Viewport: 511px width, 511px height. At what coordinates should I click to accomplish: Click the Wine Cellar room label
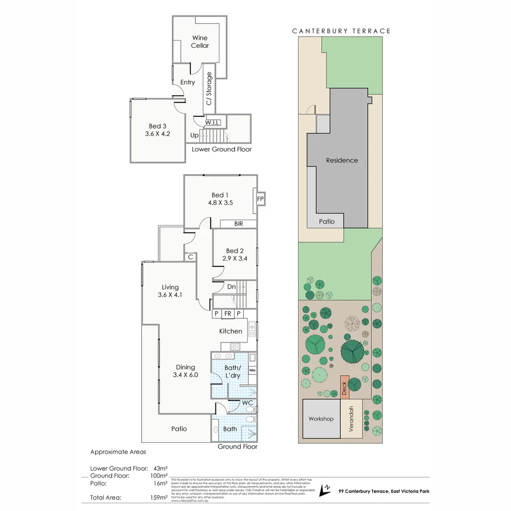(200, 42)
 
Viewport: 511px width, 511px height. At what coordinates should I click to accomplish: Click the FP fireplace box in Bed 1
(260, 199)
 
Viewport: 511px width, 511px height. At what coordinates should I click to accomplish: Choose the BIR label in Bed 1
(238, 224)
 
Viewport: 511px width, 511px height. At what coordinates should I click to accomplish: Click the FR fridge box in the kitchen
(228, 313)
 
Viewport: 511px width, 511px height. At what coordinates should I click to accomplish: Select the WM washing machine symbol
(252, 370)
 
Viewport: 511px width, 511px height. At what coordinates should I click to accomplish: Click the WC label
(247, 403)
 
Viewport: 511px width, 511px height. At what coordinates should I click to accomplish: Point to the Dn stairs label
(231, 287)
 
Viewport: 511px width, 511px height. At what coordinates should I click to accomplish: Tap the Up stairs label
(194, 135)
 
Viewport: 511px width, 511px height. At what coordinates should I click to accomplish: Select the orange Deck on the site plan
(344, 386)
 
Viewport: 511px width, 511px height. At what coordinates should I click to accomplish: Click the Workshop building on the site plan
(321, 419)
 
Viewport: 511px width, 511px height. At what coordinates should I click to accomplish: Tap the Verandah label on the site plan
(351, 418)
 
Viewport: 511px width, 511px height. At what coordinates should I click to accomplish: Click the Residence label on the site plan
(342, 160)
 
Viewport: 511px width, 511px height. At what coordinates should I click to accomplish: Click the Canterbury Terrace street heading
(341, 31)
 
